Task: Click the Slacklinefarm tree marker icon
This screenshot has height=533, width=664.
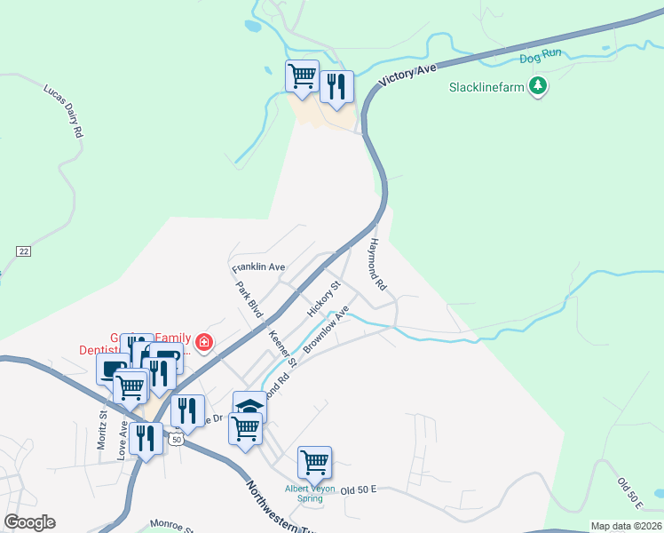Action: click(537, 86)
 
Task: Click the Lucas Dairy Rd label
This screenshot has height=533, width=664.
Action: click(63, 110)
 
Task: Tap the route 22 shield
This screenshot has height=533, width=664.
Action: click(23, 251)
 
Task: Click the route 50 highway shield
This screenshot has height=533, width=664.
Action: click(177, 440)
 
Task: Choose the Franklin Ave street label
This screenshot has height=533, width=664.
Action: click(258, 266)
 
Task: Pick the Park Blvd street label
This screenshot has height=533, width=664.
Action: click(249, 300)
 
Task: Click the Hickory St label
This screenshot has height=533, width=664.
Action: click(323, 299)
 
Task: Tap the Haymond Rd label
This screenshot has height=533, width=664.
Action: click(379, 266)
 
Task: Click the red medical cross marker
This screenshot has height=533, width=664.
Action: click(204, 343)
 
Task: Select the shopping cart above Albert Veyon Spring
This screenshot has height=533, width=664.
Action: click(314, 460)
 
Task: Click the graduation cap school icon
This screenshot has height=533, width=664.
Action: click(249, 405)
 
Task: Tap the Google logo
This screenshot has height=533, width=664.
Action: click(29, 521)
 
